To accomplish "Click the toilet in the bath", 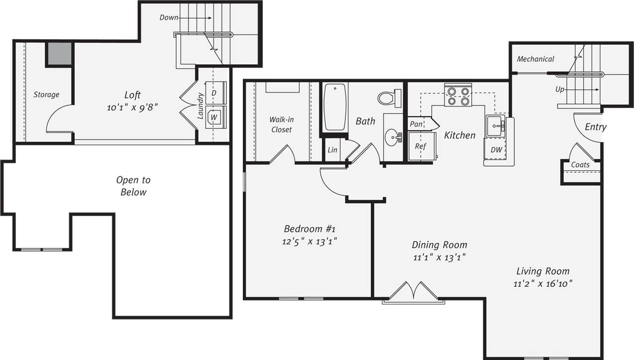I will (x=389, y=98).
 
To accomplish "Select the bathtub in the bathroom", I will (x=335, y=107).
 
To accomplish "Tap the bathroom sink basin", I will (x=393, y=136).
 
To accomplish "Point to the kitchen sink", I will (x=495, y=126).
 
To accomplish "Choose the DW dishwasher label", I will (x=496, y=149).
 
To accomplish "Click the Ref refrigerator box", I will (x=421, y=146).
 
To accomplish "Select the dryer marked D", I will (x=214, y=93).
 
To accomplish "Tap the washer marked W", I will (x=214, y=118).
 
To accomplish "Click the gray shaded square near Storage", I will (x=60, y=54).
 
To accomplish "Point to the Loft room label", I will (x=132, y=95).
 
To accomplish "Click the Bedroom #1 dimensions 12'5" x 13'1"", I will (x=310, y=241).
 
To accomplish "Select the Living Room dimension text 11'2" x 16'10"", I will (x=543, y=284).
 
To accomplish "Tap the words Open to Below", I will (x=133, y=186).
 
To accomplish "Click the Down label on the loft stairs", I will (x=169, y=17).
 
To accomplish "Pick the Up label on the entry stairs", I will (x=560, y=89).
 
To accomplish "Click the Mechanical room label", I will (x=535, y=59).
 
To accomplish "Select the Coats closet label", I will (x=580, y=165).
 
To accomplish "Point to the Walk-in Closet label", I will (x=281, y=124).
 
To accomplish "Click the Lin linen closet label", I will (x=332, y=150).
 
